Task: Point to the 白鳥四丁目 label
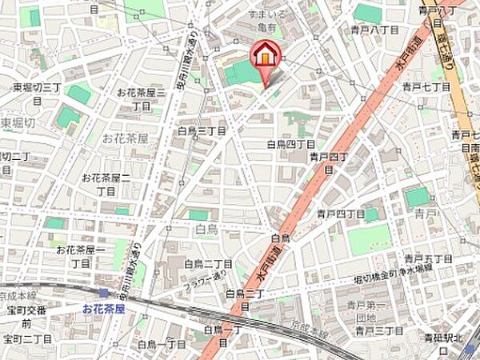pyautogui.click(x=290, y=145)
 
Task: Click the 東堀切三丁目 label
pyautogui.click(x=38, y=87)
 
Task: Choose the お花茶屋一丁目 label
pyautogui.click(x=78, y=256)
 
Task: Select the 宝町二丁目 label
pyautogui.click(x=27, y=339)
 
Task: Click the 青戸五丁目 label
pyautogui.click(x=428, y=258)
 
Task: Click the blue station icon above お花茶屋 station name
pyautogui.click(x=103, y=294)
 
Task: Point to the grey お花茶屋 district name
pyautogui.click(x=125, y=138)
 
